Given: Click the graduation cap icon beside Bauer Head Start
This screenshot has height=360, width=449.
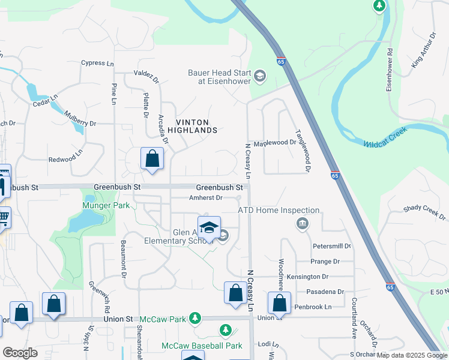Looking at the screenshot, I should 260,76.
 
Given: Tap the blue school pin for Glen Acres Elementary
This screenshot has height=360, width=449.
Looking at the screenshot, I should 209,228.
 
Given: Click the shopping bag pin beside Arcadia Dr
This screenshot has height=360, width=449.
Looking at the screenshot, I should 152,160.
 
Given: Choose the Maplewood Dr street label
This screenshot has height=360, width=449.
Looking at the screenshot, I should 275,143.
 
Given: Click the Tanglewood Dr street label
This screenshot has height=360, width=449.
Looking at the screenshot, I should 301,151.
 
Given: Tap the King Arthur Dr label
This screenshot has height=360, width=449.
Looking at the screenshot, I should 423,50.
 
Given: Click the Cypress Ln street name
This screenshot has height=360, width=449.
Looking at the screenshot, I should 97,63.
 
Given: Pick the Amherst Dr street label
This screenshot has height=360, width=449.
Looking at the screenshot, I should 206,197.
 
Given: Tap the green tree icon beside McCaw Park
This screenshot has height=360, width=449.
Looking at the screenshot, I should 194,317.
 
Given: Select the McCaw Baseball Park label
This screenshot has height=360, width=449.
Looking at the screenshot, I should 202,346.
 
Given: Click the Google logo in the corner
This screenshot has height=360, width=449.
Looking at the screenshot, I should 20,353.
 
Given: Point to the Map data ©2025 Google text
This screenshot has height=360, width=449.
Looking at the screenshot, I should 412,355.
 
